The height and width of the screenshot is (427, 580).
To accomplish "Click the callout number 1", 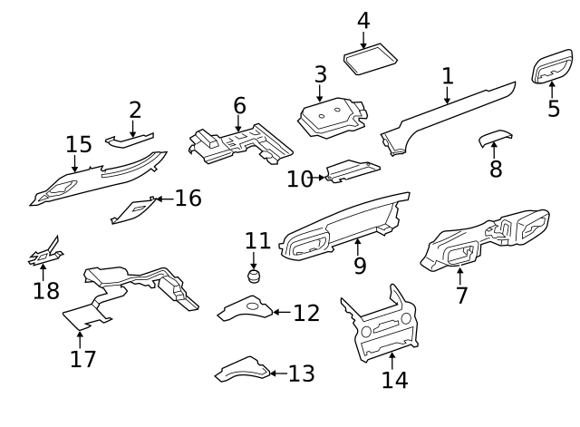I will pos(448,75).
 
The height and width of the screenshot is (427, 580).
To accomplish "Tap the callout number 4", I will pos(363,20).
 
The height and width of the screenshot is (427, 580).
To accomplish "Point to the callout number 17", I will pos(82,358).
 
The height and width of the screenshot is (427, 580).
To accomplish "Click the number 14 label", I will pos(394,379).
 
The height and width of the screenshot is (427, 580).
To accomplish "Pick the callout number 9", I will pos(360,266).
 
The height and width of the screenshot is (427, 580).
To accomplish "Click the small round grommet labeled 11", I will pos(254,276).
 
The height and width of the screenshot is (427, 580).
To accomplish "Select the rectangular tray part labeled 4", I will pos(371,60).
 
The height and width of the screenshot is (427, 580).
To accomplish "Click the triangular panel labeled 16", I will pos(133,209).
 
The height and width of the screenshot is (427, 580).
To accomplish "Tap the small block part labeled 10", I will pos(352,170).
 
